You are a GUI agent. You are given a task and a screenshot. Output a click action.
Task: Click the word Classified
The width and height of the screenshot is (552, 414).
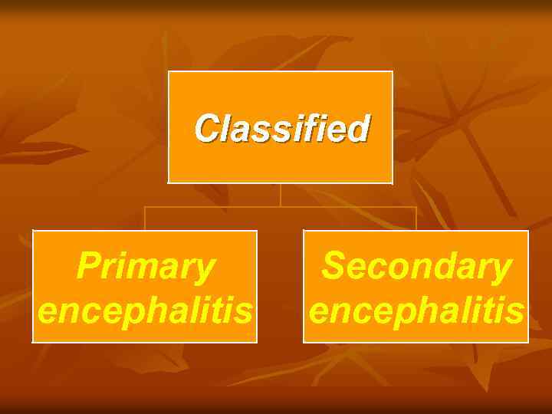281,129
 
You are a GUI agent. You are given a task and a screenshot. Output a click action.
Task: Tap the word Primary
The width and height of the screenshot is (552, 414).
145,267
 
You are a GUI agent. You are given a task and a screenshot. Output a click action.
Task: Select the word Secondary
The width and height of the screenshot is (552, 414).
416,267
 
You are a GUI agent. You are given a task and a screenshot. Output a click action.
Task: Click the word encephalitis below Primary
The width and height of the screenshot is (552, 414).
145,311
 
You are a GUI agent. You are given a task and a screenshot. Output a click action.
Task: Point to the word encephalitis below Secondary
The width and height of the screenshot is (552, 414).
416,311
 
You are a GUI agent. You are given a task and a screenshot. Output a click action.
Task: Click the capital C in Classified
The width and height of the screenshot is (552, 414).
206,129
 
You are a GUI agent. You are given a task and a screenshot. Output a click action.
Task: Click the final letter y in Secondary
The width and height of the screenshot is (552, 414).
501,270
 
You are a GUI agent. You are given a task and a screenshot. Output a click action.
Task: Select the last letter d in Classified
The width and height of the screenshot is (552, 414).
359,129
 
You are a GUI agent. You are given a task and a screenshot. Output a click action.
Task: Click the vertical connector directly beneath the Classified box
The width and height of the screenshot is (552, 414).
281,195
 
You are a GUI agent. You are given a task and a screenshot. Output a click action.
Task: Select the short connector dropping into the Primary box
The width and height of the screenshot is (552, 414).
145,219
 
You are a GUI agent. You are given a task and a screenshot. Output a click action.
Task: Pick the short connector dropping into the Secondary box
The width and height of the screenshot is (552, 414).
416,219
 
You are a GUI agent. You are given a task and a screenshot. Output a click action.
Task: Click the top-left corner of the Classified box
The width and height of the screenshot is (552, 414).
169,71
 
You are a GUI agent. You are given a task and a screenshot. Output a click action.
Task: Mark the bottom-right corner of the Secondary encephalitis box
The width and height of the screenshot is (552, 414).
528,342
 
